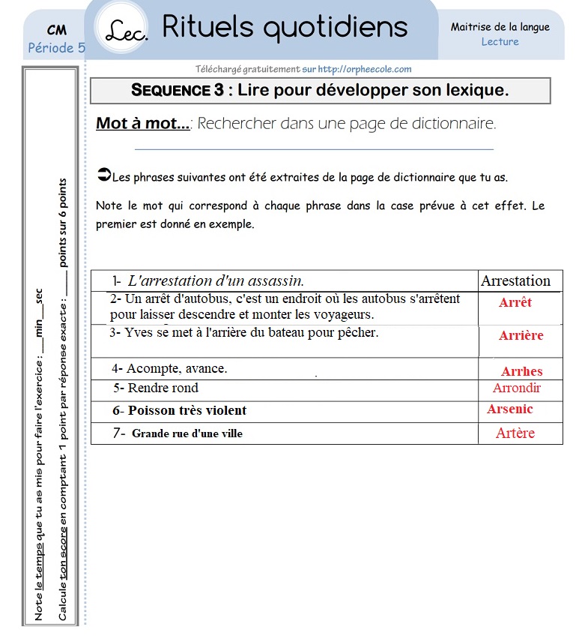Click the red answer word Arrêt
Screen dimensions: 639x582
click(515, 302)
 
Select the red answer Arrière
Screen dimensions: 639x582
click(521, 335)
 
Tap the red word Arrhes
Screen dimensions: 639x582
click(521, 371)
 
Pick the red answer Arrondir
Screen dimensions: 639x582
click(516, 388)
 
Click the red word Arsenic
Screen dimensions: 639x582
click(510, 409)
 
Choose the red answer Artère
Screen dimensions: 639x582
click(515, 433)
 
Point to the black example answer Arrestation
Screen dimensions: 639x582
click(515, 281)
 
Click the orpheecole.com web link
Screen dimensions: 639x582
click(364, 69)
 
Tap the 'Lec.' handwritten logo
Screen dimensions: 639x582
click(127, 31)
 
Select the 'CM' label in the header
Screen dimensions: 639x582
click(56, 31)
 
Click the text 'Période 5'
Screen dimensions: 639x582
click(56, 48)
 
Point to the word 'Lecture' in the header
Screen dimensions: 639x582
click(500, 42)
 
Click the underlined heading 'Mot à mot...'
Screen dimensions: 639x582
click(142, 124)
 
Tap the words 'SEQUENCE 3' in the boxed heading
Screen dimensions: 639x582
click(177, 91)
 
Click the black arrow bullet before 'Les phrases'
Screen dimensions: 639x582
click(103, 175)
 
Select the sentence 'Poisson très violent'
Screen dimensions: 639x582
click(187, 410)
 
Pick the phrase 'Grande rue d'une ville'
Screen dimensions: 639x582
click(187, 433)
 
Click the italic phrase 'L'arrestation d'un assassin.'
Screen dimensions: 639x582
click(216, 281)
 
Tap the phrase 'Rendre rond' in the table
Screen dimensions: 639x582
click(163, 388)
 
